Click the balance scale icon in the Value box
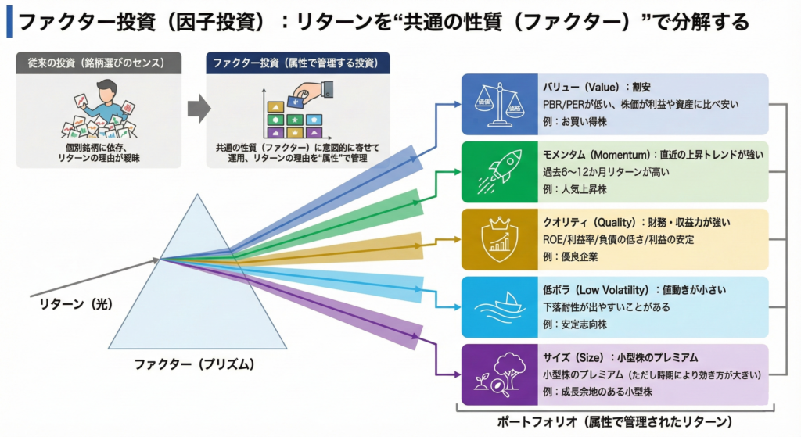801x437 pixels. click(x=499, y=105)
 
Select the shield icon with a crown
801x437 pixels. click(x=499, y=239)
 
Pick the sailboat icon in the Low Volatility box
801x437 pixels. click(x=499, y=306)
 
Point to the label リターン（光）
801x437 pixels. click(x=76, y=304)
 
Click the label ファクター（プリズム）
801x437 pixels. click(x=194, y=364)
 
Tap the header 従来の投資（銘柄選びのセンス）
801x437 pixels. click(x=99, y=63)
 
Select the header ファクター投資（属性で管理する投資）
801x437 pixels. click(x=298, y=63)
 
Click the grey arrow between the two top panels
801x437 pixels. click(x=199, y=108)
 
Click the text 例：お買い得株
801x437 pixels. click(x=575, y=121)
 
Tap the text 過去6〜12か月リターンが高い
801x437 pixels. click(x=606, y=172)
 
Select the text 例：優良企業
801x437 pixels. click(x=570, y=256)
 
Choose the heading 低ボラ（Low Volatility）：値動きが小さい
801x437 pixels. click(x=634, y=290)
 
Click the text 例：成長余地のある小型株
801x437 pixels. click(x=597, y=392)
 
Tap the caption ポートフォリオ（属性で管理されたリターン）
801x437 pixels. click(x=615, y=422)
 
